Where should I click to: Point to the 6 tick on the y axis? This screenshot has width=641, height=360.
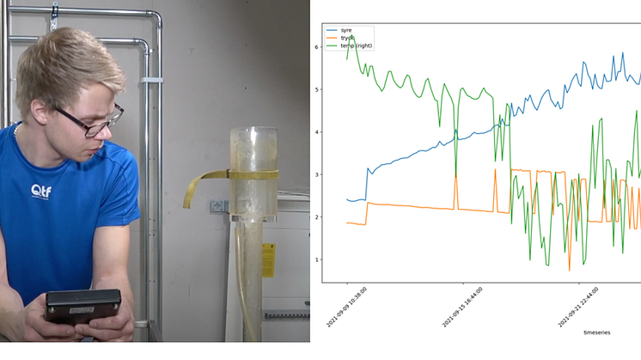pyautogui.click(x=317, y=47)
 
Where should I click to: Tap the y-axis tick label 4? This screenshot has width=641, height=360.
pyautogui.click(x=317, y=131)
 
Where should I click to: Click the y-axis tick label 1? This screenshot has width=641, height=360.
pyautogui.click(x=317, y=259)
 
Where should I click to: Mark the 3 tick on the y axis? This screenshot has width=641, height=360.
pyautogui.click(x=317, y=174)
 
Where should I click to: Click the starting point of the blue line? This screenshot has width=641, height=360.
pyautogui.click(x=347, y=199)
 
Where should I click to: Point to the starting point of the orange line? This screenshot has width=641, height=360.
pyautogui.click(x=347, y=223)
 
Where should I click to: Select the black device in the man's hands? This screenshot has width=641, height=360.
pyautogui.click(x=83, y=305)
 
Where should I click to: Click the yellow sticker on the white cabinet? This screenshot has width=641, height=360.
pyautogui.click(x=268, y=259)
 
